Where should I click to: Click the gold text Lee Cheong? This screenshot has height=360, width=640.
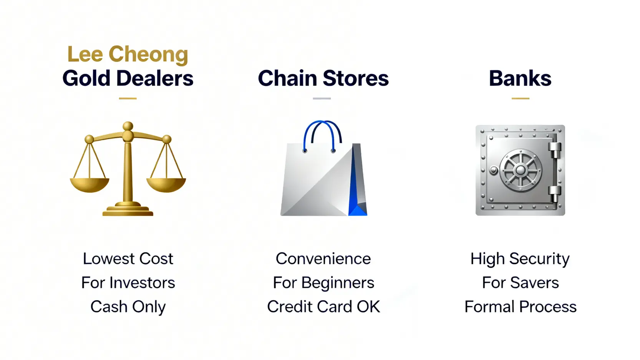(x=128, y=54)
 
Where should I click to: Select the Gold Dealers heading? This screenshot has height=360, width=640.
(x=128, y=78)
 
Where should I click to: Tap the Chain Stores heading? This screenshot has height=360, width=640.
(x=323, y=78)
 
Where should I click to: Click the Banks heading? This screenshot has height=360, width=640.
(x=520, y=78)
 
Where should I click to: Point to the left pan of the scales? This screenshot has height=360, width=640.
(x=90, y=185)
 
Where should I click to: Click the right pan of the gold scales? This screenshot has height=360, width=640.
(x=166, y=185)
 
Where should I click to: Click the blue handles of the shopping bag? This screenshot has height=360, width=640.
(x=322, y=134)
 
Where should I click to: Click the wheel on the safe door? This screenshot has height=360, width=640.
(x=520, y=170)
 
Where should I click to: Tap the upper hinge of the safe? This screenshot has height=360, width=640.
(x=555, y=150)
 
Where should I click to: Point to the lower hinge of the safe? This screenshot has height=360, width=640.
(x=555, y=194)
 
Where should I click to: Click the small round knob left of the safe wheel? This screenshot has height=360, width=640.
(x=493, y=171)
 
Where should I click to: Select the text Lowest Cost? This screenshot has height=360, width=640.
(x=128, y=259)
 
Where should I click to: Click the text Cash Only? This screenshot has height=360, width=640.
(x=128, y=307)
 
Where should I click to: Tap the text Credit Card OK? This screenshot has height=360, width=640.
(x=323, y=307)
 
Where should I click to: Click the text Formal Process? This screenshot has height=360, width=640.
(x=520, y=307)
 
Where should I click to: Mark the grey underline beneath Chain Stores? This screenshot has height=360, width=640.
(x=322, y=99)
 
